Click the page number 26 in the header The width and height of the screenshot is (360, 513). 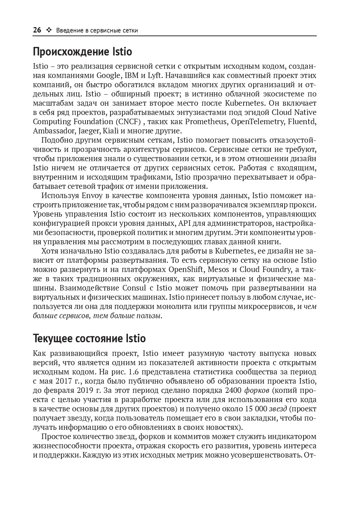[x=37, y=30]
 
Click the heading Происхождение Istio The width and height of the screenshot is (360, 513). [x=82, y=51]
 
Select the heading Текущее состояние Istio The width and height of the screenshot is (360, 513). [x=89, y=338]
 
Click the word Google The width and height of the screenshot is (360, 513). [x=109, y=76]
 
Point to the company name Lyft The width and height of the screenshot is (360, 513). [x=153, y=76]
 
